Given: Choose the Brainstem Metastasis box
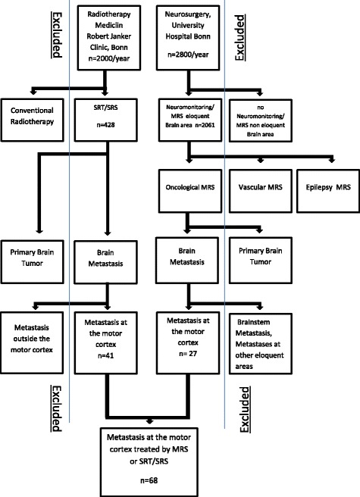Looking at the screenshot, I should click(x=258, y=333).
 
